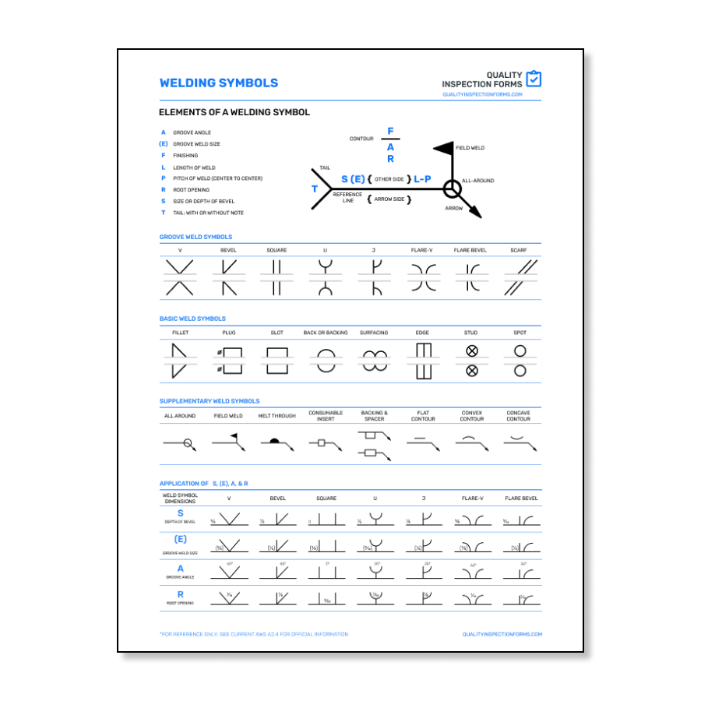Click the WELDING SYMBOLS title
[x=218, y=83]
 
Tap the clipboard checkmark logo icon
[x=534, y=79]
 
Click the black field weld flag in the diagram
[x=443, y=147]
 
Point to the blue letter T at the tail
[x=315, y=189]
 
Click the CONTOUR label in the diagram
[x=361, y=139]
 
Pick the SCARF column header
[x=519, y=250]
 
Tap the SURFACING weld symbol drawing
[x=374, y=361]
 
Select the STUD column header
[x=471, y=333]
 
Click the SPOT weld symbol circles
[x=520, y=361]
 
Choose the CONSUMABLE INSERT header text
[x=326, y=416]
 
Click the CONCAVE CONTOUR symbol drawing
[x=518, y=442]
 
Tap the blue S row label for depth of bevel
[x=181, y=513]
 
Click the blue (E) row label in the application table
[x=181, y=539]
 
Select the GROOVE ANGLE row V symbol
[x=229, y=571]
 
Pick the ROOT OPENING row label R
[x=181, y=594]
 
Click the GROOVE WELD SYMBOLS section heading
[x=196, y=237]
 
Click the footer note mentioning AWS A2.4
[x=254, y=634]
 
